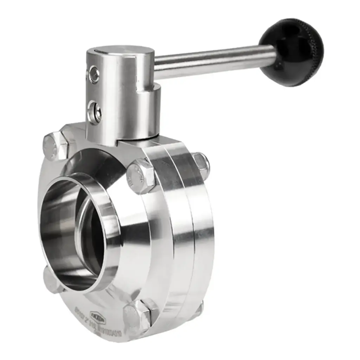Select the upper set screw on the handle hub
(94, 74)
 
